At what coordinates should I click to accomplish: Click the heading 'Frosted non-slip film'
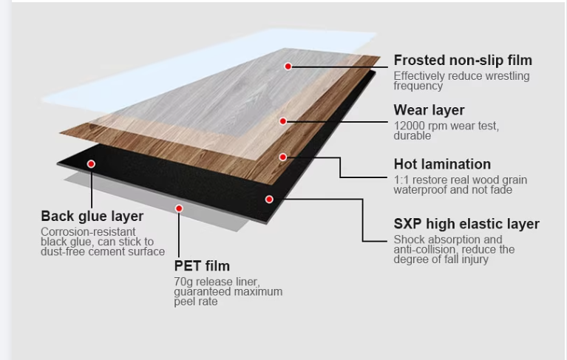coord(462,61)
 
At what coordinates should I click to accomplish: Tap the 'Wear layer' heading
coord(429,110)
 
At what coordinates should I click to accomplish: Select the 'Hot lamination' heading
coord(442,164)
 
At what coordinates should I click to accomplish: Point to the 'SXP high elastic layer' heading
coord(466,223)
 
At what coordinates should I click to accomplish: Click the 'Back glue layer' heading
coord(92,217)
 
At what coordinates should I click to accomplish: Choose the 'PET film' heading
coord(202,266)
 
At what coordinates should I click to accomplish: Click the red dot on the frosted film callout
coord(288,67)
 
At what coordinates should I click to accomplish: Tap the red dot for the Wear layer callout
coord(283,120)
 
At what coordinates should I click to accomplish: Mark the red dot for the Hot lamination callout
coord(283,157)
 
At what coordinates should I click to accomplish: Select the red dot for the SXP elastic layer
coord(270,199)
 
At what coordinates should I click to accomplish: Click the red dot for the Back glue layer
coord(92,163)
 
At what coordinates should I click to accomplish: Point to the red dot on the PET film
coord(179,208)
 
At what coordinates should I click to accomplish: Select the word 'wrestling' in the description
coord(506,76)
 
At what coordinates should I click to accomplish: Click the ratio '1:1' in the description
coord(401,180)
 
